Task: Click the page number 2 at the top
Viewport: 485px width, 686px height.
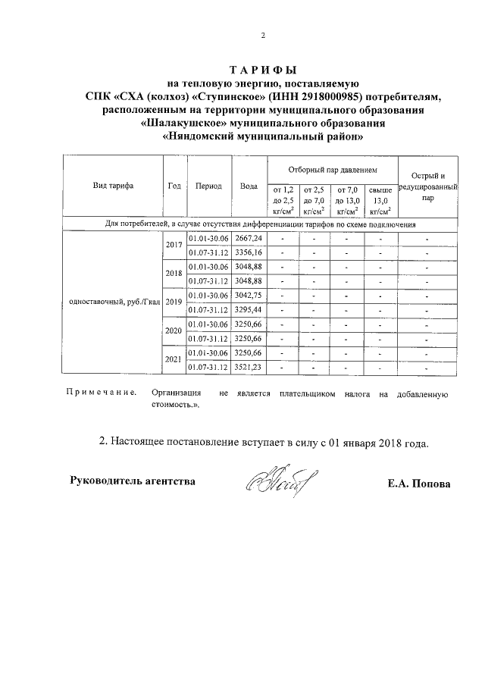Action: (262, 36)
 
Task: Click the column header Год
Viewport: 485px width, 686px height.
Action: (174, 186)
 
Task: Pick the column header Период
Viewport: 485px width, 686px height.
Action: (208, 186)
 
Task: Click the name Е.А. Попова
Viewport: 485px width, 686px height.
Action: (418, 483)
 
